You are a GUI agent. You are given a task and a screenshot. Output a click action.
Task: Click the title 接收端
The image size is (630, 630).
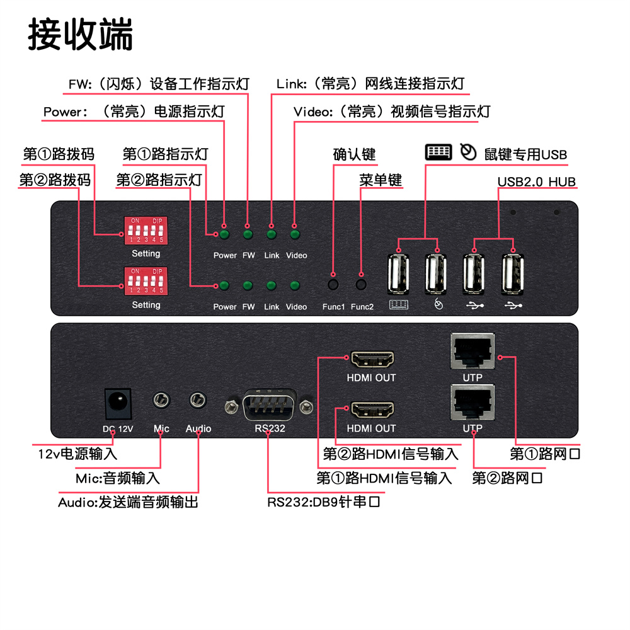[81, 34]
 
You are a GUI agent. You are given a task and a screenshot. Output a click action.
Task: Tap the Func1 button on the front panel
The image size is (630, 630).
[333, 284]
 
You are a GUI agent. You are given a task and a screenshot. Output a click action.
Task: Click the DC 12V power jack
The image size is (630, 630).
[117, 403]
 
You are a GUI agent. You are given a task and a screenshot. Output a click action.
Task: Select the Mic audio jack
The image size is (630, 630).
[161, 400]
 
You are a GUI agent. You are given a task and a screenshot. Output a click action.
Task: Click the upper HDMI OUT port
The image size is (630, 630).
[372, 360]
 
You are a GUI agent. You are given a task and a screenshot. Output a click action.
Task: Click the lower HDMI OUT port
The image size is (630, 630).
[372, 411]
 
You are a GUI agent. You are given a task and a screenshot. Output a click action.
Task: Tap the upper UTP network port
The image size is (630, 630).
[472, 352]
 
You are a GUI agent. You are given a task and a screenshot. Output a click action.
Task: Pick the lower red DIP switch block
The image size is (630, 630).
[146, 282]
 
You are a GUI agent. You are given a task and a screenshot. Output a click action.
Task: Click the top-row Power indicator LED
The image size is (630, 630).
[224, 235]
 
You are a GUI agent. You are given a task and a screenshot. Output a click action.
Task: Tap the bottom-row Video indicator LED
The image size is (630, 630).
[294, 286]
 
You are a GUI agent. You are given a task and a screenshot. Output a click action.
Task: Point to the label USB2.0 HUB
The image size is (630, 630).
[536, 182]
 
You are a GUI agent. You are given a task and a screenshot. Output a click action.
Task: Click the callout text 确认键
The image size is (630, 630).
[354, 154]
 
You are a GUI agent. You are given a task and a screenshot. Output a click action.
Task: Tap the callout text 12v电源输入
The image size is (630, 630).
[77, 453]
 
